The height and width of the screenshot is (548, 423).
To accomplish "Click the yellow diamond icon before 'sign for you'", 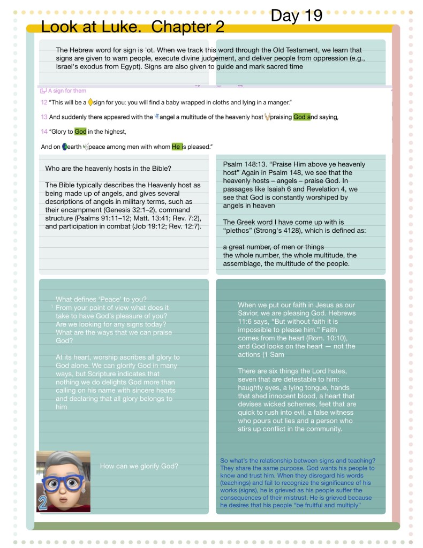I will pyautogui.click(x=90, y=102).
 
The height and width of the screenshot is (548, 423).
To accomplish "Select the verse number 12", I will pyautogui.click(x=44, y=102).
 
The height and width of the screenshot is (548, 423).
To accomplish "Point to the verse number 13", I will pyautogui.click(x=44, y=117).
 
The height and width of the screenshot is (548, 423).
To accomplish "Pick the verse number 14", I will pyautogui.click(x=44, y=132).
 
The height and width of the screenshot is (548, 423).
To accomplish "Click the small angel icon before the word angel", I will pyautogui.click(x=156, y=117).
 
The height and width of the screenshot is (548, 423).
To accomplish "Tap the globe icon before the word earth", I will pyautogui.click(x=65, y=146).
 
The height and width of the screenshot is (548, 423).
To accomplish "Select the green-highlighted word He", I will pyautogui.click(x=176, y=146).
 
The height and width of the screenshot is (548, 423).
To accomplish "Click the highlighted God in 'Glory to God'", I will pyautogui.click(x=80, y=132).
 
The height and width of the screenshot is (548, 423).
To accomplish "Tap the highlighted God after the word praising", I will pyautogui.click(x=300, y=117).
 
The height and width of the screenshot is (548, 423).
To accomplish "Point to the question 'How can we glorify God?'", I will pyautogui.click(x=139, y=466).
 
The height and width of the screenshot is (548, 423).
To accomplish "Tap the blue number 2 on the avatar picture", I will pyautogui.click(x=43, y=503).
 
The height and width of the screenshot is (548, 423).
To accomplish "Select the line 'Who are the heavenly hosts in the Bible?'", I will pyautogui.click(x=108, y=169).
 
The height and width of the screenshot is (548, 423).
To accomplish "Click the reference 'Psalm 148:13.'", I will pyautogui.click(x=246, y=164).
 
